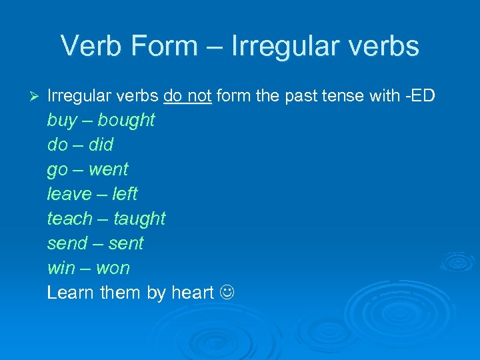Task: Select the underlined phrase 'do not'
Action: click(x=187, y=96)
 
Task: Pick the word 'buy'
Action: click(x=61, y=121)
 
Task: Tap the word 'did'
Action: click(x=101, y=145)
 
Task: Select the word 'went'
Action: click(x=108, y=169)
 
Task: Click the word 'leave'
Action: click(x=69, y=194)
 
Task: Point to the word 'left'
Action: click(x=125, y=194)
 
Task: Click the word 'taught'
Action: click(x=139, y=219)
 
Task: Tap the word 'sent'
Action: click(x=126, y=243)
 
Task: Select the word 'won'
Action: click(x=113, y=268)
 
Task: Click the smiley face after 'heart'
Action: click(x=227, y=293)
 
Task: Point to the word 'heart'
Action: click(x=192, y=293)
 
